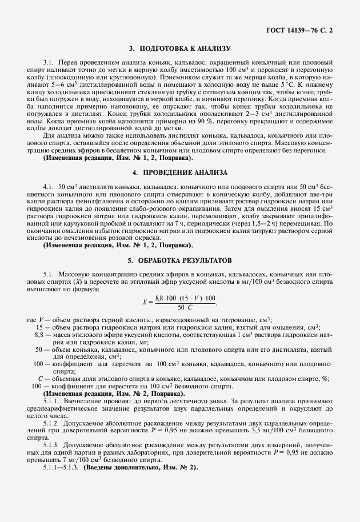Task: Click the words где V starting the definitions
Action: coord(35,319)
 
